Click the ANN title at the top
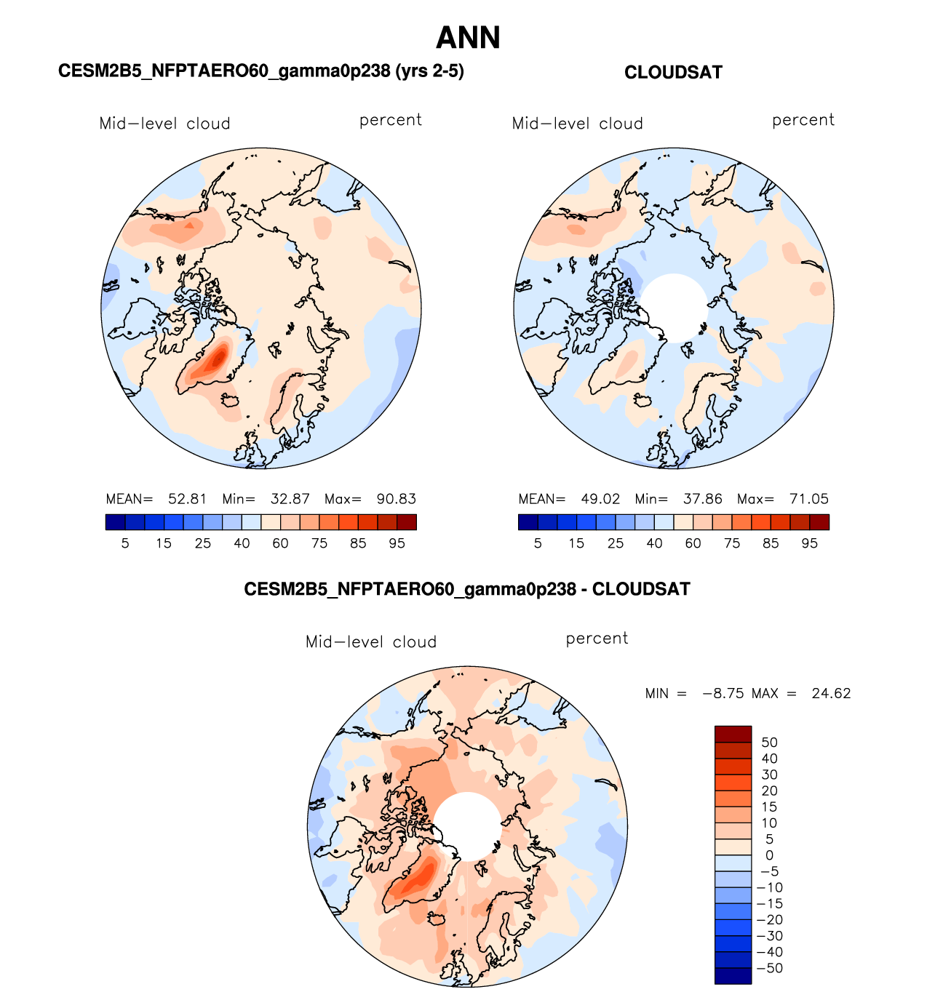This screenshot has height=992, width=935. pyautogui.click(x=468, y=38)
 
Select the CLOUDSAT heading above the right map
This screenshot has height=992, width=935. pyautogui.click(x=673, y=73)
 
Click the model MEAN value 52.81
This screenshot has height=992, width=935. pyautogui.click(x=188, y=499)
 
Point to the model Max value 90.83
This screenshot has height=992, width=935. pyautogui.click(x=397, y=499)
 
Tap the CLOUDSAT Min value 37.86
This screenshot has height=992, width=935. pyautogui.click(x=703, y=499)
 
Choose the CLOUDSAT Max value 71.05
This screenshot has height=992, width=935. pyautogui.click(x=809, y=499)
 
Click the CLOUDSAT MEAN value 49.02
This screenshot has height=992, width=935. pyautogui.click(x=600, y=499)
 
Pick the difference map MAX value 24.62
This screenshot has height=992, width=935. pyautogui.click(x=831, y=693)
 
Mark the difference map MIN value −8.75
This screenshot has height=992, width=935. pyautogui.click(x=723, y=693)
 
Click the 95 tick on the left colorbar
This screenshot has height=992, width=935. pyautogui.click(x=397, y=543)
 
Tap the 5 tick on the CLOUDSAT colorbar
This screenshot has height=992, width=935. pyautogui.click(x=538, y=543)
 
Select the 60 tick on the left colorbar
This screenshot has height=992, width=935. pyautogui.click(x=280, y=543)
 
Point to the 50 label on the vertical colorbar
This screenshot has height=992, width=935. pyautogui.click(x=769, y=743)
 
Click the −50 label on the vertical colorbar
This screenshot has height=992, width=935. pyautogui.click(x=769, y=968)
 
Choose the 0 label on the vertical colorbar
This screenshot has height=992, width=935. pyautogui.click(x=769, y=855)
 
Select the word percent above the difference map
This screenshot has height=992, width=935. pyautogui.click(x=597, y=639)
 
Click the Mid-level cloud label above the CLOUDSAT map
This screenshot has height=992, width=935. pyautogui.click(x=578, y=124)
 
